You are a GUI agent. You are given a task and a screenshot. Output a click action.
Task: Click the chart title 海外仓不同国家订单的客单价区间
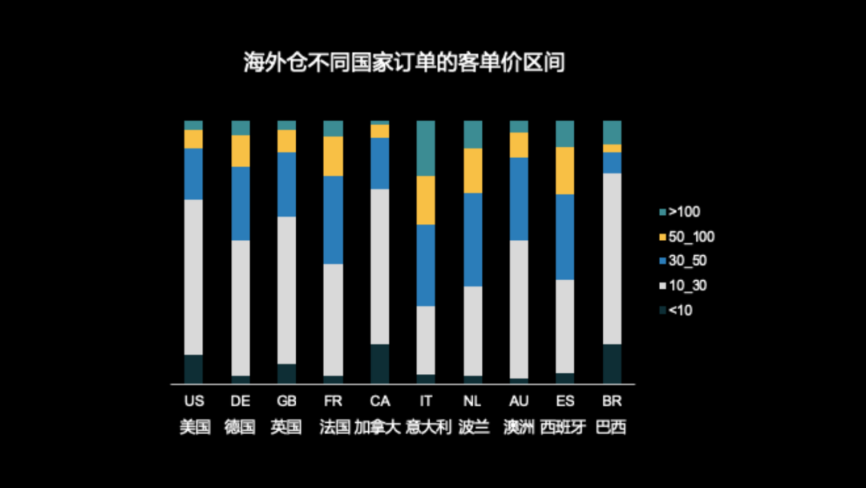tap(404, 63)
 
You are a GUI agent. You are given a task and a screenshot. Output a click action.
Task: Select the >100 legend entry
tap(680, 213)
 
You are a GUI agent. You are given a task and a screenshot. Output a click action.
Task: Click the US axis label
tap(194, 401)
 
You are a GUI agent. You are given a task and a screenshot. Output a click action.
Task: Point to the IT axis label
tap(427, 401)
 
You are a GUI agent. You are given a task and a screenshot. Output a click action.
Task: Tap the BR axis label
tap(612, 401)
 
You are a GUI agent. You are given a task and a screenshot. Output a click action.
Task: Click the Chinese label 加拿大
tap(380, 426)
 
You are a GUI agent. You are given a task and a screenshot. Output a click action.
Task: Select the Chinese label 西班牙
tap(565, 426)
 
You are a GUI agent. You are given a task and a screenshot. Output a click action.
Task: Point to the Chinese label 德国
tap(241, 426)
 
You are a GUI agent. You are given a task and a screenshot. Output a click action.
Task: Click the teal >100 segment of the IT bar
tap(427, 148)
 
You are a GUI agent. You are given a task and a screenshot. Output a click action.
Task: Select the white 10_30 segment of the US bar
tap(194, 277)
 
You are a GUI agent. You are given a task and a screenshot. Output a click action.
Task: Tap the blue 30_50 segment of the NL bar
tap(473, 239)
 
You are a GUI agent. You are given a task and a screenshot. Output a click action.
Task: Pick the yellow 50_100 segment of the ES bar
tap(565, 170)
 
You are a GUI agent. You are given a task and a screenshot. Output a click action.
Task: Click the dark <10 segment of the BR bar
tap(612, 364)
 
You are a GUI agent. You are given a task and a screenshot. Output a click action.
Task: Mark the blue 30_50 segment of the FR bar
tap(334, 219)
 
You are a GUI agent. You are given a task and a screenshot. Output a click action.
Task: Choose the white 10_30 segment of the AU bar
tap(520, 309)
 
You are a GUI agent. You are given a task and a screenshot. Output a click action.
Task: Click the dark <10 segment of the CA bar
tap(380, 364)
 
